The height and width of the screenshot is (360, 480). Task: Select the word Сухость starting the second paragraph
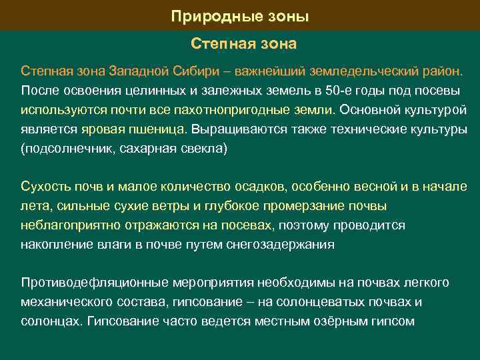click(42, 186)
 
